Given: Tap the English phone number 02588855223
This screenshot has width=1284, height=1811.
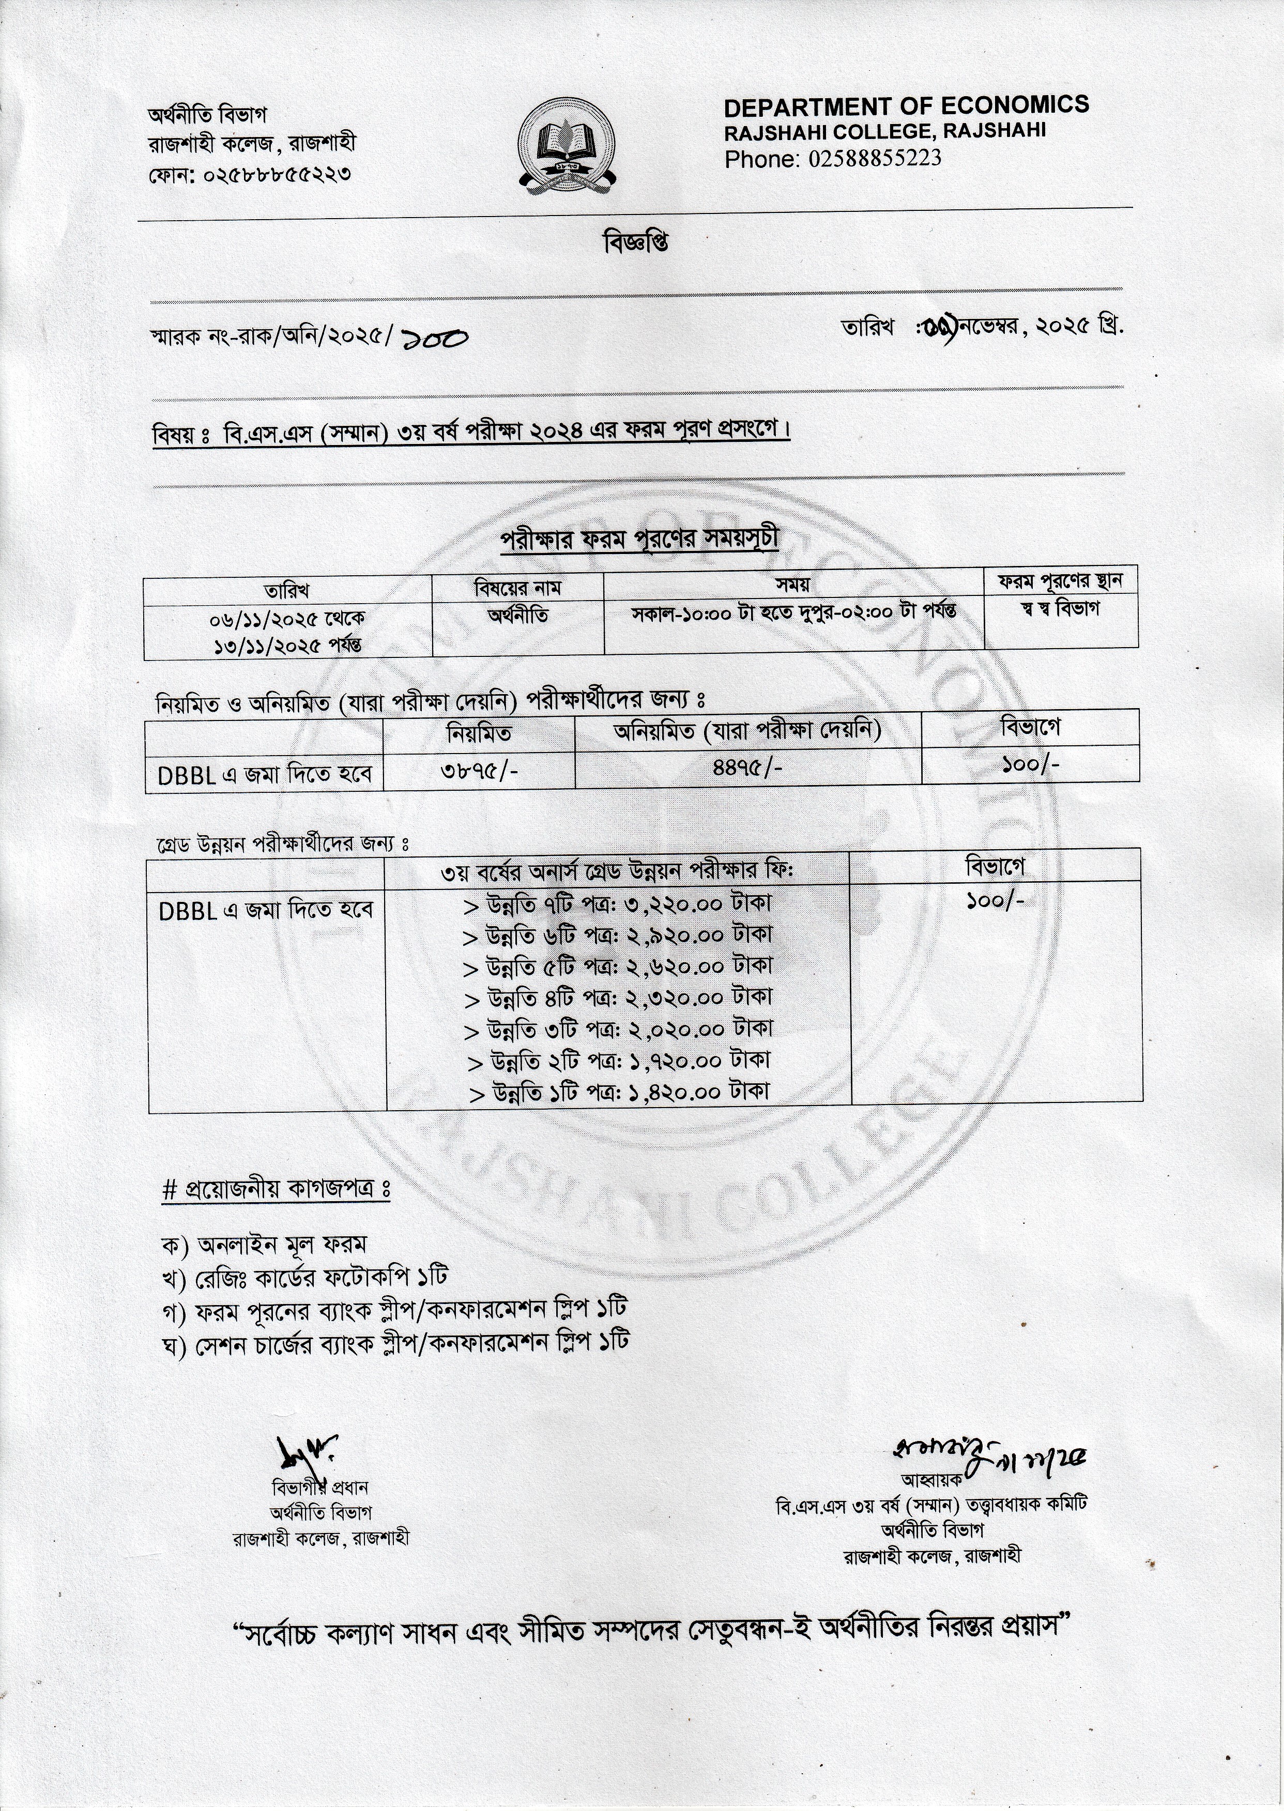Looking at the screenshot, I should click(x=875, y=159).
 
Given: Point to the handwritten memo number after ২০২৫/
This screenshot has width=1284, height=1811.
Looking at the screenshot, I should click(x=434, y=339).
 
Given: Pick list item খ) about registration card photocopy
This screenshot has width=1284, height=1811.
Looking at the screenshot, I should click(x=304, y=1277).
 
